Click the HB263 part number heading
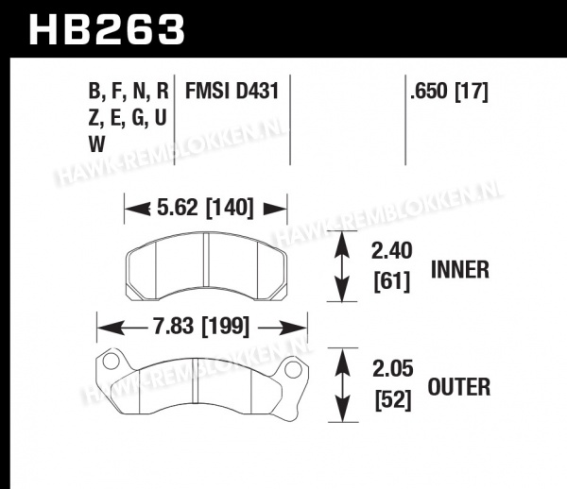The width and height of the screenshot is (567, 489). [x=107, y=30]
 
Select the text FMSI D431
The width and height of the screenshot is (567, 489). [x=232, y=91]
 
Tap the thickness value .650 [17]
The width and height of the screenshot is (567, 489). [x=450, y=92]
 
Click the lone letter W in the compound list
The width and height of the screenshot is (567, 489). [x=96, y=144]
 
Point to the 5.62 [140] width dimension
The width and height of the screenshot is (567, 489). [x=205, y=208]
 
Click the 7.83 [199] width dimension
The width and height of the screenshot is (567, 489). [x=202, y=327]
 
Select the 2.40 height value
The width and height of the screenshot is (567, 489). [x=392, y=251]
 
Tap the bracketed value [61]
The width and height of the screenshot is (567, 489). [x=392, y=281]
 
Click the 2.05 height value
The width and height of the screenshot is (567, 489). [x=393, y=369]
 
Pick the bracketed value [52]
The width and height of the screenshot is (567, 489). [x=393, y=399]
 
